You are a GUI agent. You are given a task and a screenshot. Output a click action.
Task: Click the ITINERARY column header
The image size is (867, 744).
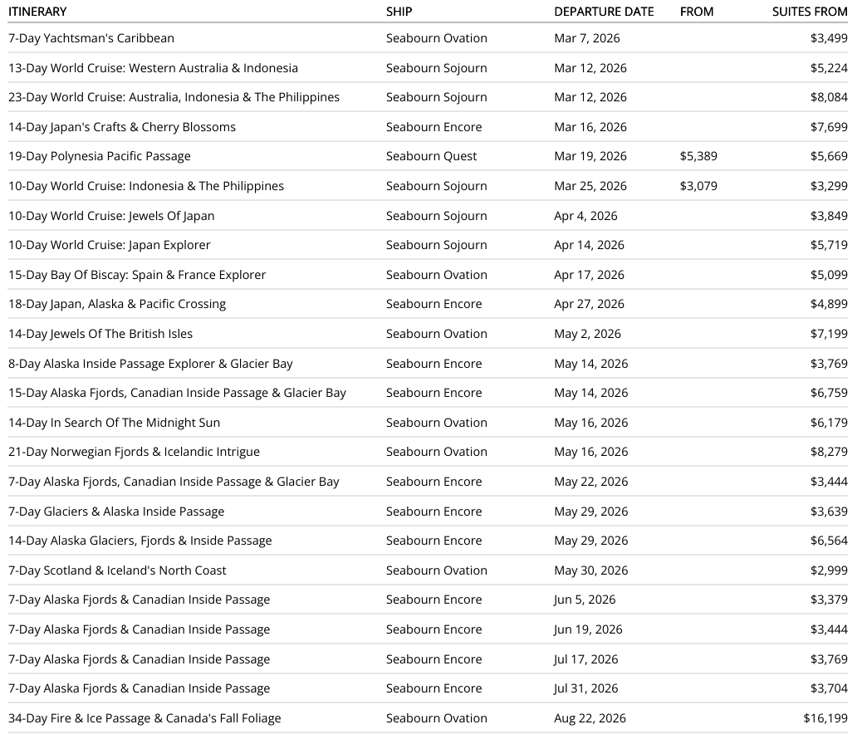(x=37, y=12)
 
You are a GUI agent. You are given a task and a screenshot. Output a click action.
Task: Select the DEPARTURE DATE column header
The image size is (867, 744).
(x=604, y=12)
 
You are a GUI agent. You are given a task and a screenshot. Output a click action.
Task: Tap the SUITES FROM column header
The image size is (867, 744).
(x=810, y=12)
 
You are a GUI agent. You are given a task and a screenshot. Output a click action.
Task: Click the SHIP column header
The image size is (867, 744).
(x=399, y=12)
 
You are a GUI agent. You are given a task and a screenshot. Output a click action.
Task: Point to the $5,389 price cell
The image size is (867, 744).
(x=698, y=156)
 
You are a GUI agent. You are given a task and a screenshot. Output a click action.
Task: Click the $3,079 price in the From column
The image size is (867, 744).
(x=698, y=186)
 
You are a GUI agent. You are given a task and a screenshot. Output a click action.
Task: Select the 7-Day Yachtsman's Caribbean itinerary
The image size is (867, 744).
(x=91, y=38)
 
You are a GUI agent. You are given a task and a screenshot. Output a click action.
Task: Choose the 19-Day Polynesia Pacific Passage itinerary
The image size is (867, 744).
(x=100, y=156)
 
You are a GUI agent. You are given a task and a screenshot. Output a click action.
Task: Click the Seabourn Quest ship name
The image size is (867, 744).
(x=432, y=156)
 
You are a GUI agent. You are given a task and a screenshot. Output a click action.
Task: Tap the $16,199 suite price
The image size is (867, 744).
(x=825, y=718)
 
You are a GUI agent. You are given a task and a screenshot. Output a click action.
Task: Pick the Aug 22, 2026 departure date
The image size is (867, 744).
(x=590, y=718)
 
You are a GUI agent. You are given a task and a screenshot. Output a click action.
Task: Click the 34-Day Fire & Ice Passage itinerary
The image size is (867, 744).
(x=144, y=718)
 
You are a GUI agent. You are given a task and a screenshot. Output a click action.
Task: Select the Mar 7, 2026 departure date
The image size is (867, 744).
(x=587, y=38)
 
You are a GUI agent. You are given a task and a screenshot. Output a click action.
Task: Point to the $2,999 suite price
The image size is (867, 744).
(x=829, y=570)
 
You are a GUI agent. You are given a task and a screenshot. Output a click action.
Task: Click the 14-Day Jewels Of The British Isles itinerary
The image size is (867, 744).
(x=100, y=334)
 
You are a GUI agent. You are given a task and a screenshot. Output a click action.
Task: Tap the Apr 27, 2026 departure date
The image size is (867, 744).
(x=590, y=304)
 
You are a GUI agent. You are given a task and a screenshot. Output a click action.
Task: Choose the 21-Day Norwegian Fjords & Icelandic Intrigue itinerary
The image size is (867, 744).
(x=134, y=452)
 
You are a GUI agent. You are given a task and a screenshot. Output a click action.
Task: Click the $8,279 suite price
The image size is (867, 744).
(x=829, y=452)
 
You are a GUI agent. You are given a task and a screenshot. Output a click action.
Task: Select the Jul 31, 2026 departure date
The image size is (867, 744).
(x=586, y=688)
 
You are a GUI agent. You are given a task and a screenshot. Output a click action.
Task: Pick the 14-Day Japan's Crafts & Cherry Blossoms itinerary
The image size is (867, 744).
(x=122, y=127)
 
